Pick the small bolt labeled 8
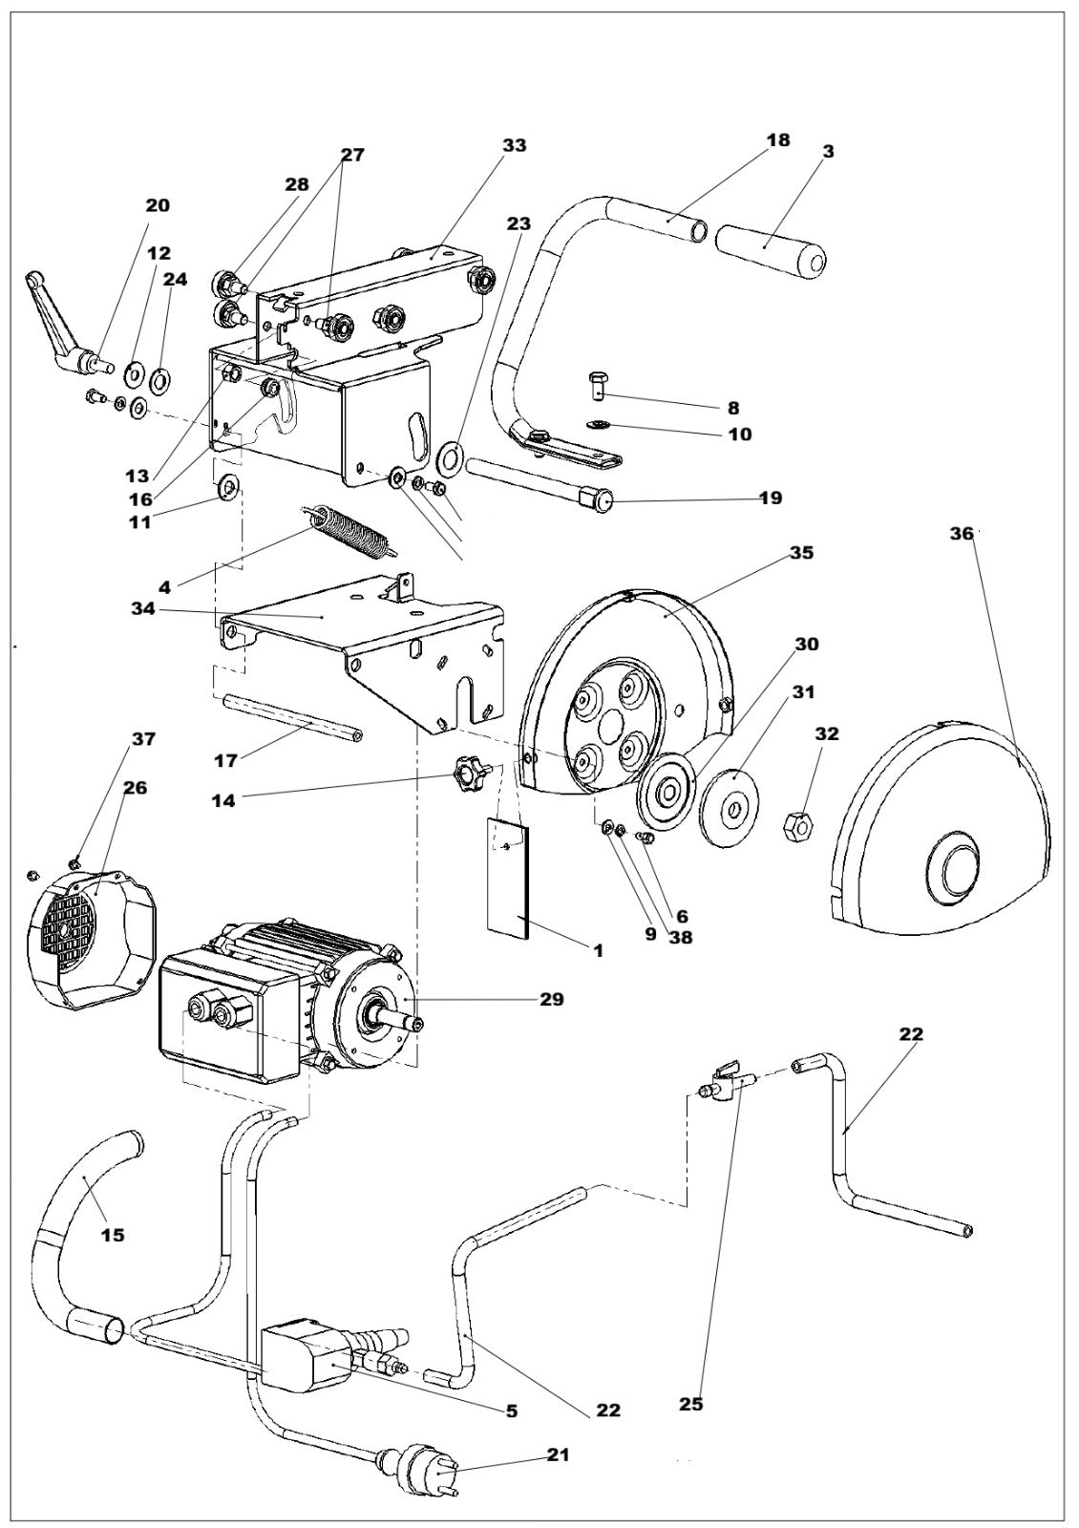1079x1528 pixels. (597, 385)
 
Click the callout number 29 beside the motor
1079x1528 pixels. (551, 1000)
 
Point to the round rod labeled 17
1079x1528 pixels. (290, 718)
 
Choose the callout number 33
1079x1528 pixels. (515, 145)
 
